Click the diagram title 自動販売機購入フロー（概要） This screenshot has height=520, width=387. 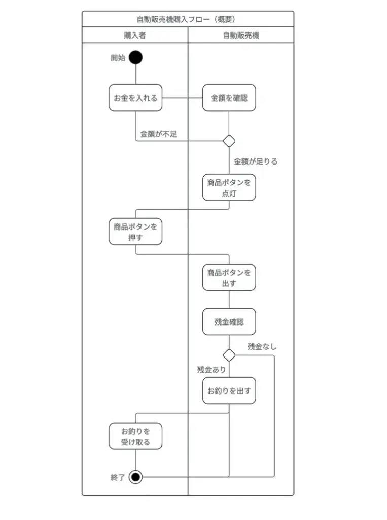point(186,19)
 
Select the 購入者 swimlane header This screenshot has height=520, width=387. point(135,35)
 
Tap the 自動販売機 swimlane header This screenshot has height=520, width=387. point(241,35)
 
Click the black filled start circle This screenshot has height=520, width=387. point(135,57)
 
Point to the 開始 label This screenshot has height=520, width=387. point(118,58)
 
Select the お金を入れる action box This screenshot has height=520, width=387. point(135,98)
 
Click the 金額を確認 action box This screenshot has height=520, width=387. point(229,98)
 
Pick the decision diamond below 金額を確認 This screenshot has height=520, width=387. point(229,141)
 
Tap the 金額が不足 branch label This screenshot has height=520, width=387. point(158,134)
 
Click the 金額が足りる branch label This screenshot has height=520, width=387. point(256,161)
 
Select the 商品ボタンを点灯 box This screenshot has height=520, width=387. point(229,187)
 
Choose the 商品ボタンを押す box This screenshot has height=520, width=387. point(135,232)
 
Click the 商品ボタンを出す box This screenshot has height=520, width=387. point(229,278)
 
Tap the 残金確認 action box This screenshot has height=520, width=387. point(229,321)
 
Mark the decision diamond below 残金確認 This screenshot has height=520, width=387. point(229,355)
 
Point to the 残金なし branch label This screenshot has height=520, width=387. point(262,346)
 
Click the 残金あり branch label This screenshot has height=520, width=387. point(212,370)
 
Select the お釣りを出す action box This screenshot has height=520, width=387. point(229,391)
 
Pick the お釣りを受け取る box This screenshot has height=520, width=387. point(135,436)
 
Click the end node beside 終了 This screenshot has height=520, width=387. point(135,477)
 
